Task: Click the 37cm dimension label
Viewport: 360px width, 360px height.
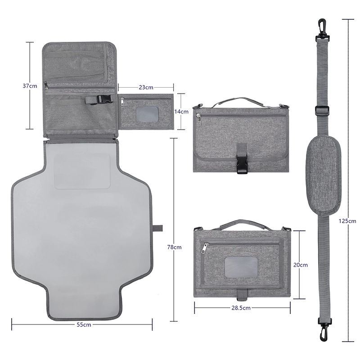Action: coord(30,85)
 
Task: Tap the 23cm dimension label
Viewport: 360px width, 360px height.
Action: coord(146,87)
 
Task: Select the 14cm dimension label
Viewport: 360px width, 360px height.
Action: coord(182,111)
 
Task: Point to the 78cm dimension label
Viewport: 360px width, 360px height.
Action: coord(174,247)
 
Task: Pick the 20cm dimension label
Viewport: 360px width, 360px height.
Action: coord(301,265)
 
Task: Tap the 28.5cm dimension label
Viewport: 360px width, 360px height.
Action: coord(242,308)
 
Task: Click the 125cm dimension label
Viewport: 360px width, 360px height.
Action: coord(348,221)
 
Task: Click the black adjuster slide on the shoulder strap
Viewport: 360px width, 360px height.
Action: coord(322,110)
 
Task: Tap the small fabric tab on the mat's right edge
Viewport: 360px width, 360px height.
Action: coord(157,228)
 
